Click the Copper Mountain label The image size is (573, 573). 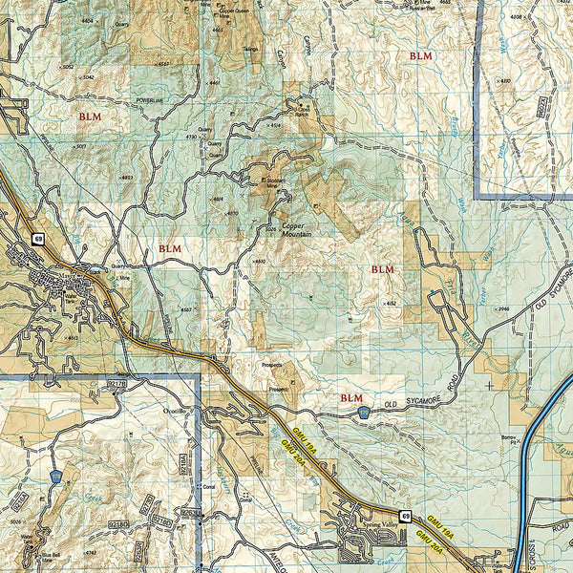click(299, 230)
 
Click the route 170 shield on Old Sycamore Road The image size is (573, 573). click(364, 412)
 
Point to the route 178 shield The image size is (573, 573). click(56, 475)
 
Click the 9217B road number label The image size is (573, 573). click(118, 383)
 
